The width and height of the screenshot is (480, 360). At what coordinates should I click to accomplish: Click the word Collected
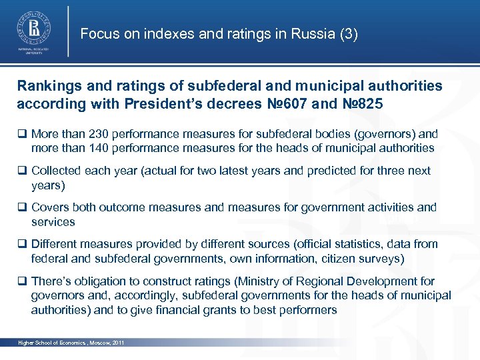58,171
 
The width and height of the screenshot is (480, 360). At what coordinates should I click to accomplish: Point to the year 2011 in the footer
117,343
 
